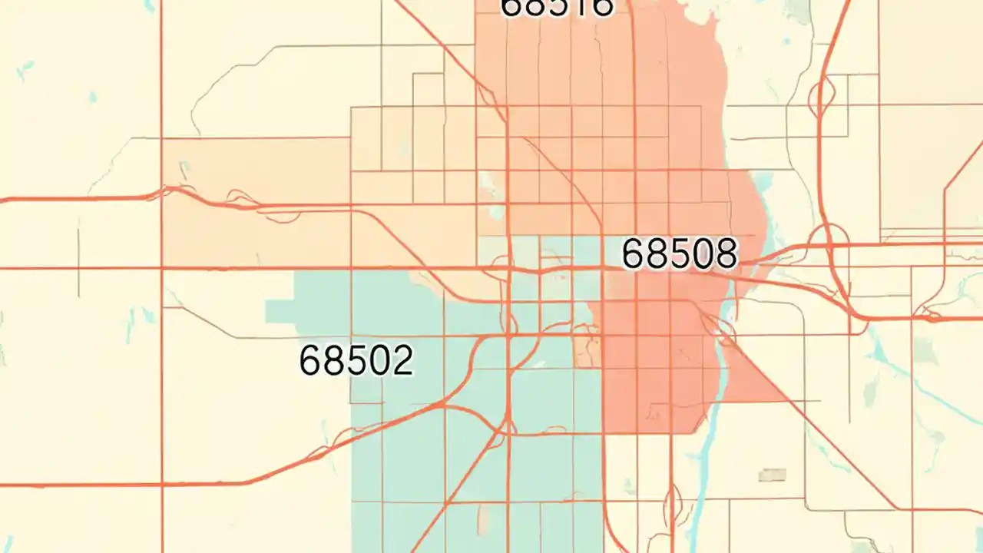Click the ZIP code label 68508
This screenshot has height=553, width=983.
pos(679,253)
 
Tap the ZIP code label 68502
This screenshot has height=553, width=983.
pos(356,360)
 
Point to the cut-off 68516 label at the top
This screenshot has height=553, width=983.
pos(557,8)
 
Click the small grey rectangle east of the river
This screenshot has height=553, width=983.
pos(772,475)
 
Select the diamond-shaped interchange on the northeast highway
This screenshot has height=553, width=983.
pos(822,96)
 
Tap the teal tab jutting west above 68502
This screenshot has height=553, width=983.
pos(281,312)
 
